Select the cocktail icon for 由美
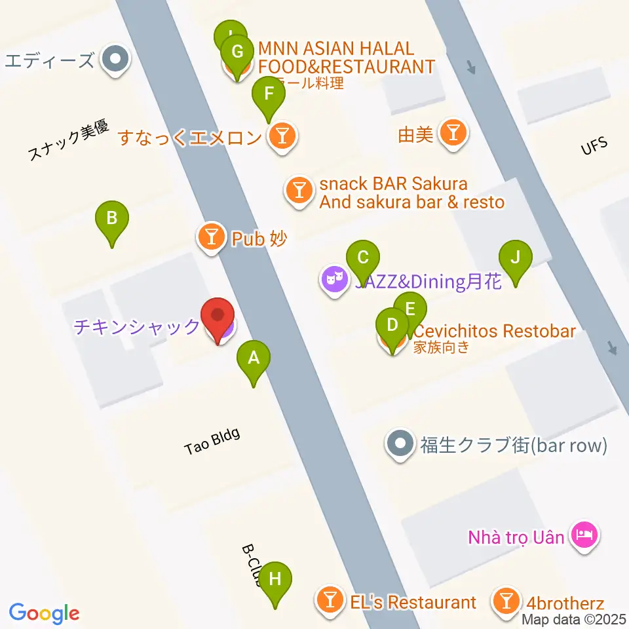point(453,134)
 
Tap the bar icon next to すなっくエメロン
point(283,137)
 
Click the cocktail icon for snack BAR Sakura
point(299,191)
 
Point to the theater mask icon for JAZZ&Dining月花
point(334,281)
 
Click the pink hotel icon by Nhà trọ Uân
point(583,535)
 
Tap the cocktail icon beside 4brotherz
point(506,601)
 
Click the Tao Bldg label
point(212,441)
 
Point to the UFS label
point(594,145)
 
